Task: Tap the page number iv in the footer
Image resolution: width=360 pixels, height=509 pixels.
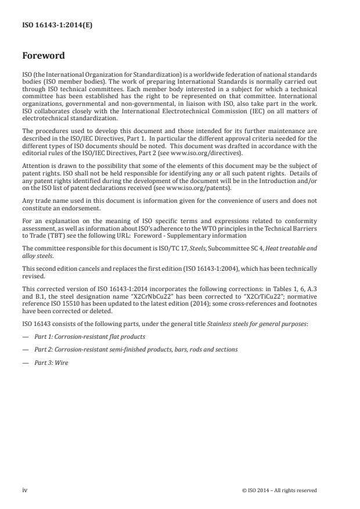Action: (24, 490)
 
